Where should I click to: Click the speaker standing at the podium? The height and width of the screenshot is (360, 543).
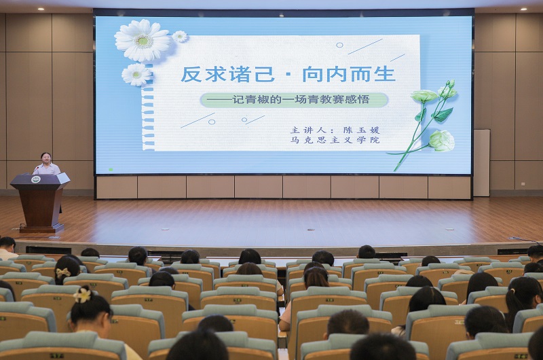46,164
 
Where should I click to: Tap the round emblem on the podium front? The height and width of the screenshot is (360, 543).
36,179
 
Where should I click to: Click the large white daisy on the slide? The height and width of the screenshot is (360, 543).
143,40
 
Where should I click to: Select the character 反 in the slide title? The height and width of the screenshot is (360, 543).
191,74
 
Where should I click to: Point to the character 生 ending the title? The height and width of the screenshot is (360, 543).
384,74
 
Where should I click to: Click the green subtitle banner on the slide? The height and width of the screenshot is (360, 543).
294,100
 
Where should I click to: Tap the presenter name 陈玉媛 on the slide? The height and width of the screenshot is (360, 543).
362,130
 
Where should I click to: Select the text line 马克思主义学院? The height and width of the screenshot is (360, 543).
335,140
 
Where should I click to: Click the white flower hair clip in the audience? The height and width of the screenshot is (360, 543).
82,295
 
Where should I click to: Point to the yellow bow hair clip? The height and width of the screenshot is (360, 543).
63,272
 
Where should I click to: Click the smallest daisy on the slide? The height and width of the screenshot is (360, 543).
180,37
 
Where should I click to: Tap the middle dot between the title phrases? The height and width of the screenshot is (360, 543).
289,75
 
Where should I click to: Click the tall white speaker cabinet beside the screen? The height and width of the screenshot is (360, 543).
482,163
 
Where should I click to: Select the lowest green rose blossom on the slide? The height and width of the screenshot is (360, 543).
442,141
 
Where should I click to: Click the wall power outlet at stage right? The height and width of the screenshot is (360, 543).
523,184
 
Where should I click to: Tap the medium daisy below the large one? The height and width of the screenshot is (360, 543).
136,75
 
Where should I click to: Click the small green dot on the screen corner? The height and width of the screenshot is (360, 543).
111,169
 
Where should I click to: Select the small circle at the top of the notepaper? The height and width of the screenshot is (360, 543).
339,45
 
